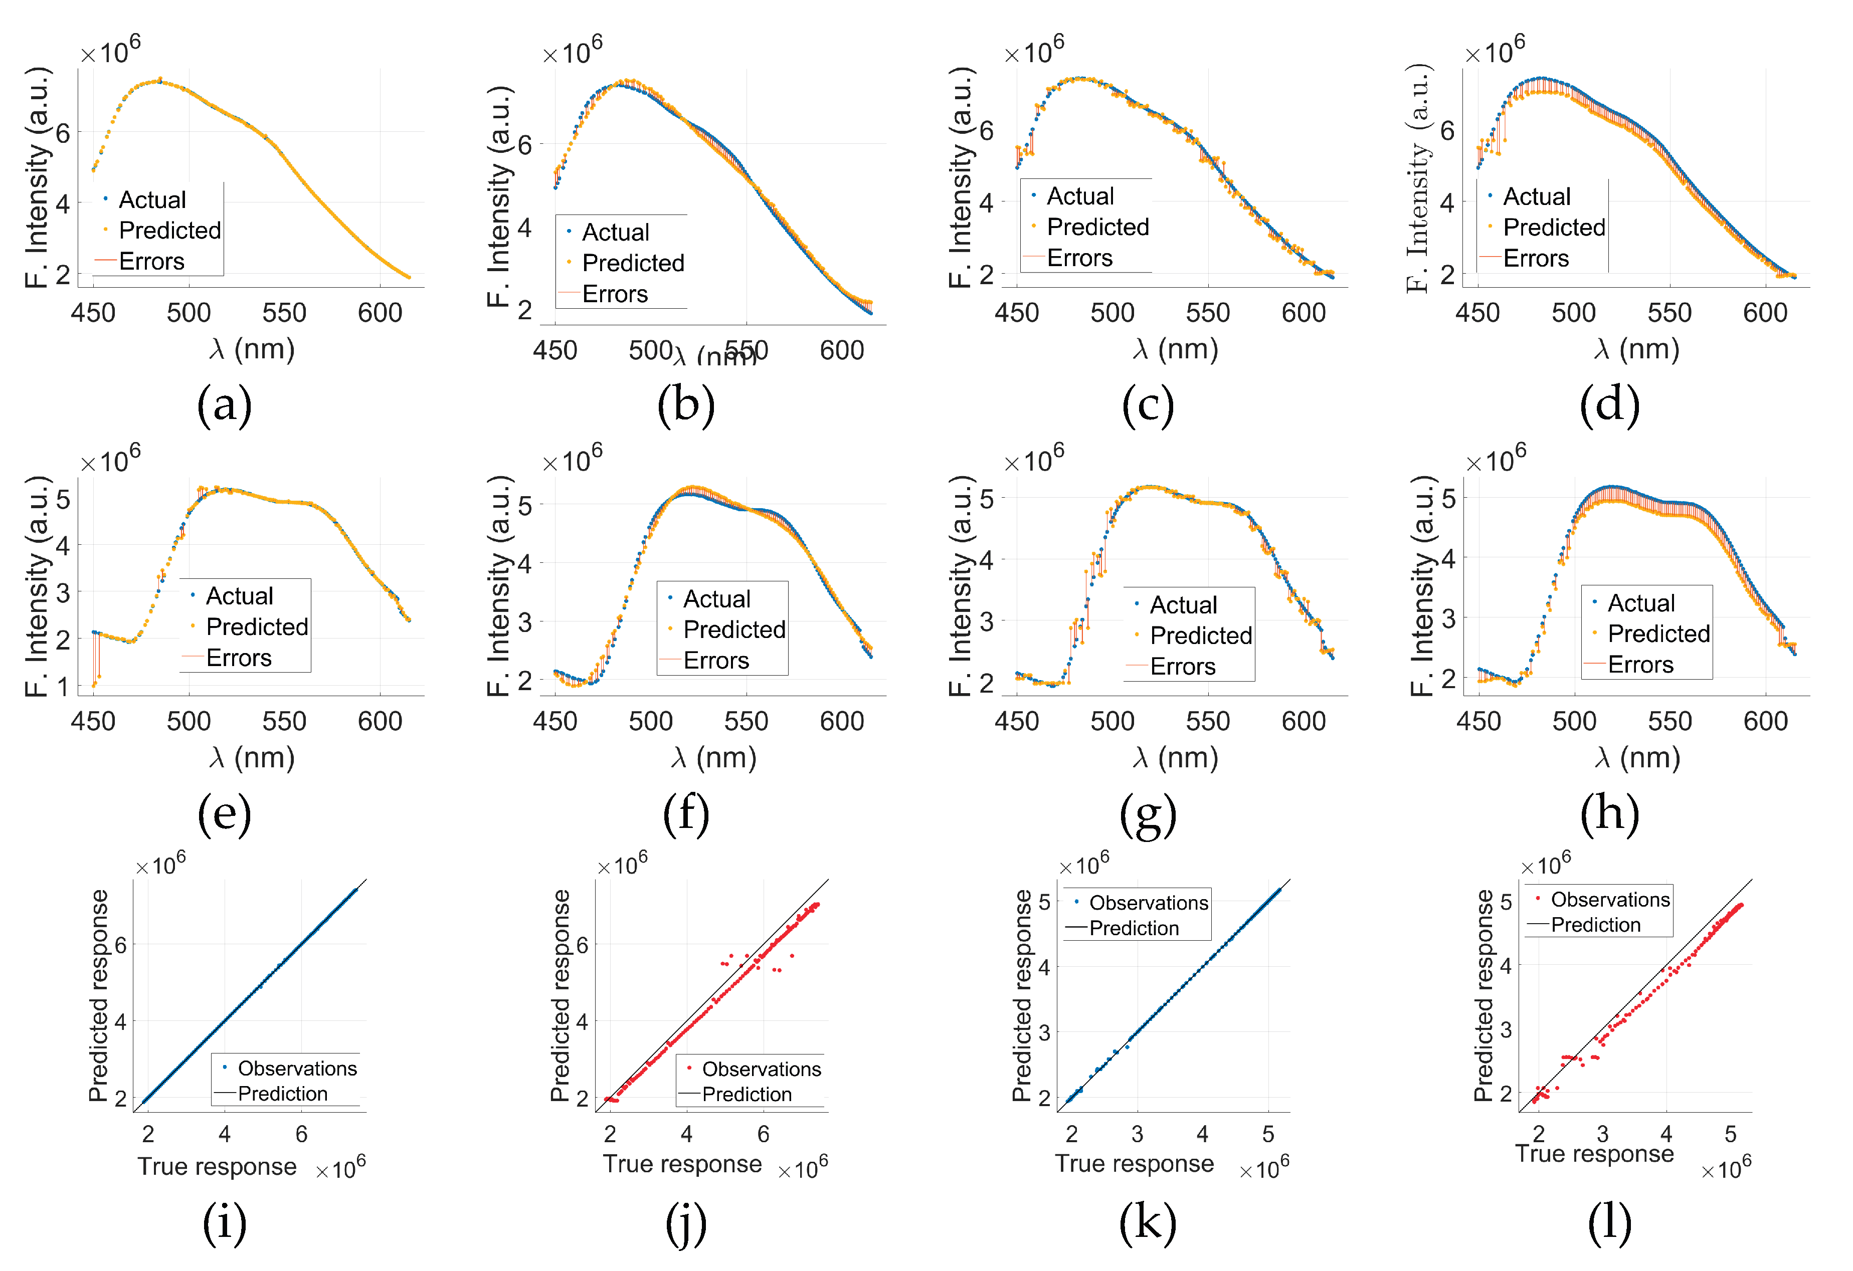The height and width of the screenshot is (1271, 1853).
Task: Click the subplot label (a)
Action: [x=224, y=405]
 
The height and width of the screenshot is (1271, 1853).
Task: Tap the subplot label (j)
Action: [x=686, y=1223]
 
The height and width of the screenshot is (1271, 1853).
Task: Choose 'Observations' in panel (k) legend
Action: [x=1148, y=903]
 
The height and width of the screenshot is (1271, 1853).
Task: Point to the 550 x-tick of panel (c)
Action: [x=1207, y=312]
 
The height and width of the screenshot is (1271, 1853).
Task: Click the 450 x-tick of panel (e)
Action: [x=93, y=721]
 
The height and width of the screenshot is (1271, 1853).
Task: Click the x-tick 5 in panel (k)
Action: [x=1268, y=1134]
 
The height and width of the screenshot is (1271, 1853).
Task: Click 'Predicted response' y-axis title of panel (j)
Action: [x=561, y=995]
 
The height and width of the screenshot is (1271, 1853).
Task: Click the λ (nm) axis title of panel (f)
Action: [x=713, y=757]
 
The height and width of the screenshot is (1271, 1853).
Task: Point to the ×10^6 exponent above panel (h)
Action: [x=1496, y=459]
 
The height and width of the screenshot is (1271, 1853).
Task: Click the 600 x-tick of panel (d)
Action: [x=1764, y=312]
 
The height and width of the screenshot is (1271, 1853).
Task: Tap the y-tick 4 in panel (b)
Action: [x=524, y=228]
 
